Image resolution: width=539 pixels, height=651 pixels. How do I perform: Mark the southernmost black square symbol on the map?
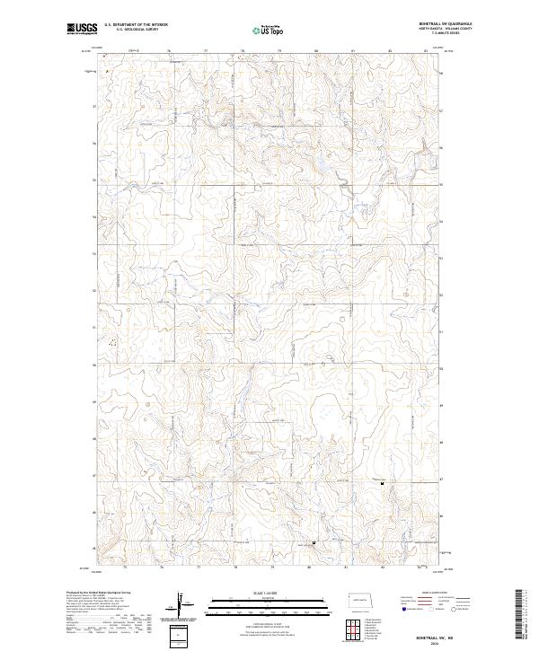click(x=314, y=543)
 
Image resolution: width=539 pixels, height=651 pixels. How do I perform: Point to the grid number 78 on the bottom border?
click(x=234, y=568)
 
